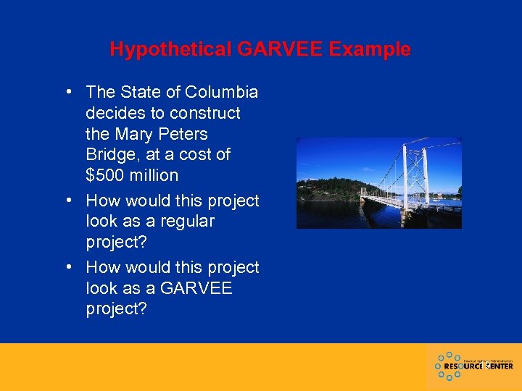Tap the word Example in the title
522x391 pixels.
coord(372,49)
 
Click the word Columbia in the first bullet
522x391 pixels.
coord(222,93)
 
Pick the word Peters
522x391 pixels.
coord(186,134)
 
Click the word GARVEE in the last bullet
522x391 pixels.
coord(196,287)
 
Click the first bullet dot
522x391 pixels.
coord(67,92)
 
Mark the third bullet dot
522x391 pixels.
coord(67,266)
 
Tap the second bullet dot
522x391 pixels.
coord(67,200)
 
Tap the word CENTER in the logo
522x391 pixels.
coord(497,366)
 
